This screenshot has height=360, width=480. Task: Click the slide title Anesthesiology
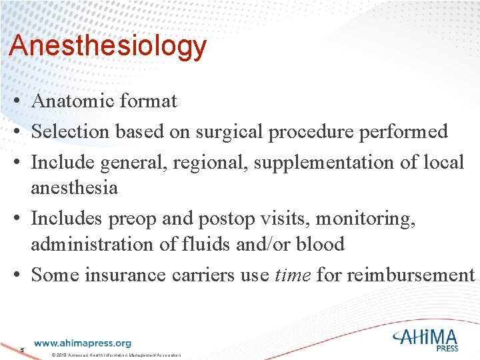pos(108,47)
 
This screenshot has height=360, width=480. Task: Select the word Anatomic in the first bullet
pos(73,101)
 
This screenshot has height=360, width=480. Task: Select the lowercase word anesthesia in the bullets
pos(74,188)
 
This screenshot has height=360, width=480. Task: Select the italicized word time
pos(292,275)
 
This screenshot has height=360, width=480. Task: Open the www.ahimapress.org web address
pos(82,343)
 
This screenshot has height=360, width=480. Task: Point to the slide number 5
pos(22,350)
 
